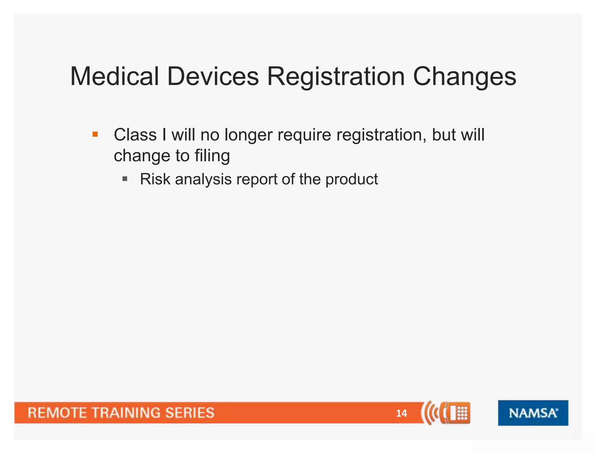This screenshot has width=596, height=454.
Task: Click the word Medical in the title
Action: (114, 76)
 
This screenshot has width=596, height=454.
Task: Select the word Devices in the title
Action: (213, 76)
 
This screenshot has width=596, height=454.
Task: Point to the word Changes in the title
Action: (464, 76)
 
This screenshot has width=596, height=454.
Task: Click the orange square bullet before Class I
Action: (95, 134)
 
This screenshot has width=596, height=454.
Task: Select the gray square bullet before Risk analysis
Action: (125, 179)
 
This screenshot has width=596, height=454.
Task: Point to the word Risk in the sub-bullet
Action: (155, 179)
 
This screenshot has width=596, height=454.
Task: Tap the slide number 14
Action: (401, 413)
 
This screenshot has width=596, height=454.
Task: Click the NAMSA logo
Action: (533, 413)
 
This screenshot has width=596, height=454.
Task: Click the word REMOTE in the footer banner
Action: (57, 413)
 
